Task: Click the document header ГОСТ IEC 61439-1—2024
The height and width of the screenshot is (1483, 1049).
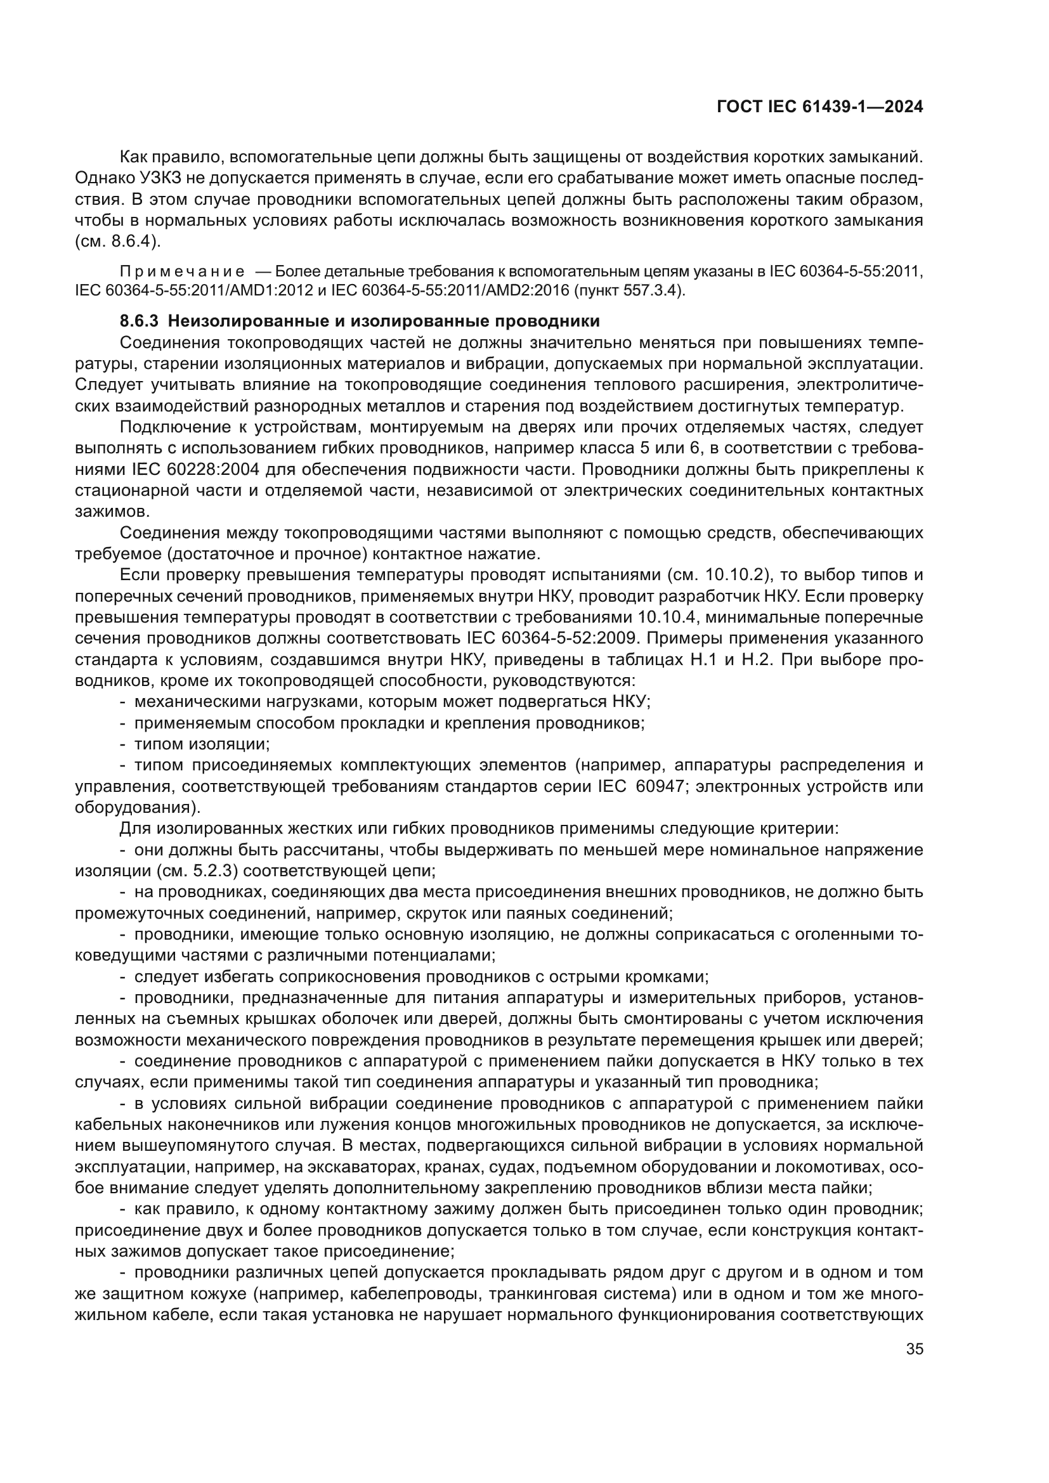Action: (819, 107)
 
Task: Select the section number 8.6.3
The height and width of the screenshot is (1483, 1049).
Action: (139, 321)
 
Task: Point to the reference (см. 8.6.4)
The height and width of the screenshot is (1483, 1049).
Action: (117, 242)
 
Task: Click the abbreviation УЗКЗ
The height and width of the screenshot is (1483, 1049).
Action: (152, 178)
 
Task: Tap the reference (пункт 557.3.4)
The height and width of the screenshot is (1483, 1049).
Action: (629, 290)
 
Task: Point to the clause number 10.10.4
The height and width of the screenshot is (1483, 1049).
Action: (668, 618)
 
